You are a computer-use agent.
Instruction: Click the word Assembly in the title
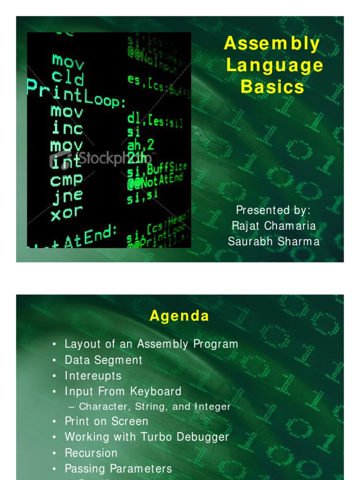pyautogui.click(x=272, y=44)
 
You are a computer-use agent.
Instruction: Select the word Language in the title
pyautogui.click(x=275, y=66)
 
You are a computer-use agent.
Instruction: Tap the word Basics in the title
pyautogui.click(x=272, y=87)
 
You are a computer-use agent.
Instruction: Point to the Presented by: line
pyautogui.click(x=274, y=210)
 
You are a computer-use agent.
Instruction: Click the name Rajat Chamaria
pyautogui.click(x=274, y=225)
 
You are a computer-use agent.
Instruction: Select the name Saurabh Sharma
pyautogui.click(x=274, y=241)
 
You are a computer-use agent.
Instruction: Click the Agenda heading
pyautogui.click(x=180, y=316)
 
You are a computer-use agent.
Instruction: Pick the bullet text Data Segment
pyautogui.click(x=103, y=360)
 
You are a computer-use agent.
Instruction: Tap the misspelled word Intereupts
pyautogui.click(x=93, y=376)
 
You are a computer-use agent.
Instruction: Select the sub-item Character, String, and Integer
pyautogui.click(x=155, y=407)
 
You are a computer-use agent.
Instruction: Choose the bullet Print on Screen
pyautogui.click(x=106, y=421)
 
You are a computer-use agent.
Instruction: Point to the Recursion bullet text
pyautogui.click(x=91, y=453)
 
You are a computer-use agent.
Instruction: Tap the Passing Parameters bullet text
pyautogui.click(x=118, y=468)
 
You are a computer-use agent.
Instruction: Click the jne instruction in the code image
pyautogui.click(x=67, y=196)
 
